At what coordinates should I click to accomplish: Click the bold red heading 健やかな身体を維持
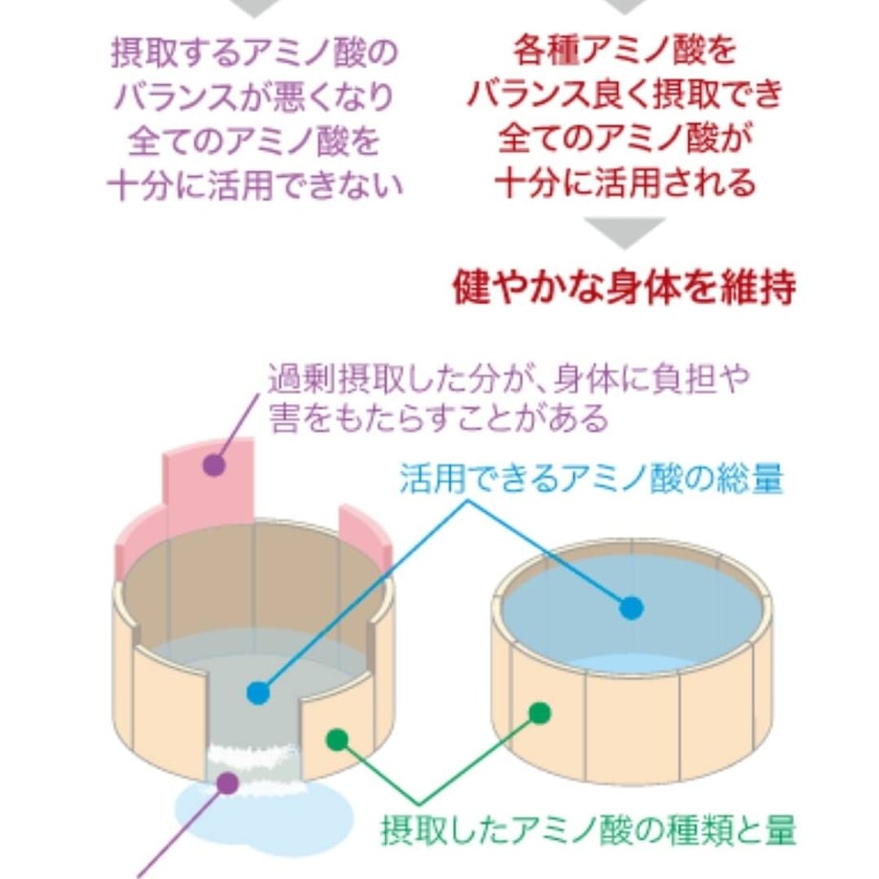(624, 288)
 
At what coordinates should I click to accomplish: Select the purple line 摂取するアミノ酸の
(255, 54)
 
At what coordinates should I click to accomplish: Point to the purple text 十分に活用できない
(255, 185)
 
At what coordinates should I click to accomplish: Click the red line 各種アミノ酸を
(625, 50)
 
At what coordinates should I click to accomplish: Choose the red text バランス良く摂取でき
(625, 94)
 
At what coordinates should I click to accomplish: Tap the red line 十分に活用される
(625, 182)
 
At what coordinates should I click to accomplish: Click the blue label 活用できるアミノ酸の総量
(591, 479)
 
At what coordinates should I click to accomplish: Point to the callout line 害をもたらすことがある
(439, 418)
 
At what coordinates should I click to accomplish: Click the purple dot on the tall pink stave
(214, 464)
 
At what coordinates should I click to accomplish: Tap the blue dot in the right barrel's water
(632, 609)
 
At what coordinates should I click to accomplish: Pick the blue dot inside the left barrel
(258, 693)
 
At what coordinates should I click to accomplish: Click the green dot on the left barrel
(337, 740)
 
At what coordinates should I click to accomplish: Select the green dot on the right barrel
(540, 713)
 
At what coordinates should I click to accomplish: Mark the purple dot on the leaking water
(227, 783)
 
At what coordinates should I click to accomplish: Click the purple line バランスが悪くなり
(255, 97)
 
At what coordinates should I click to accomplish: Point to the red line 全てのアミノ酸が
(625, 139)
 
